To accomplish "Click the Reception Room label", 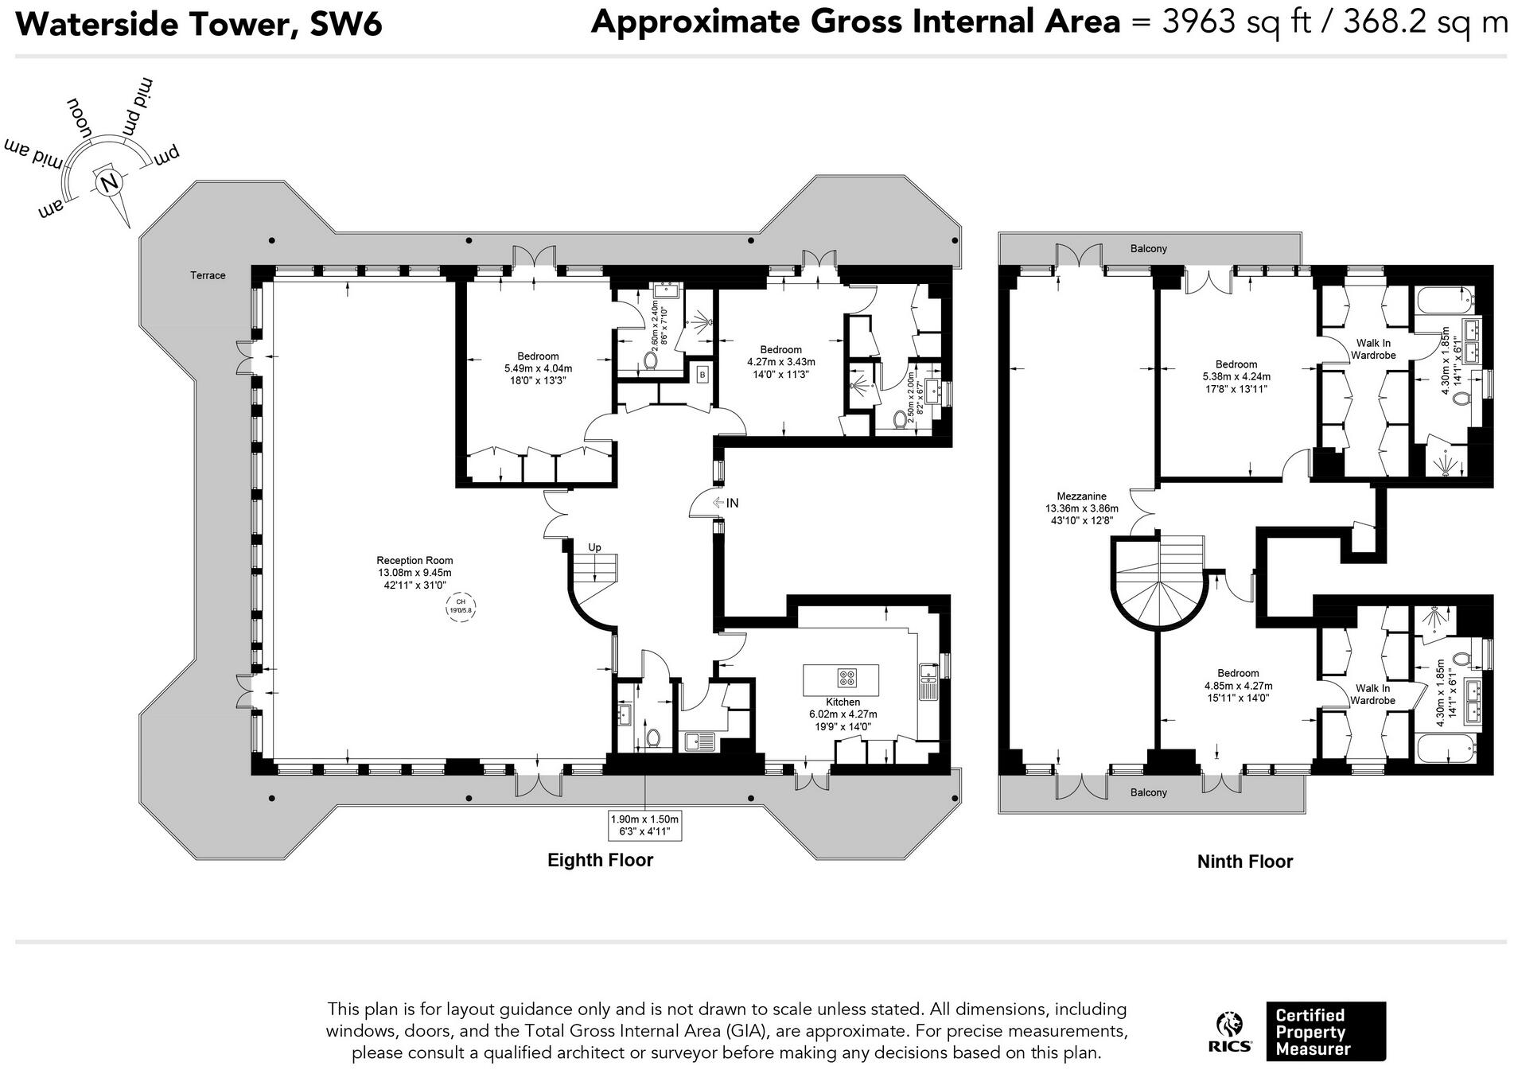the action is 415,560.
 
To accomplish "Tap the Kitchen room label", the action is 843,702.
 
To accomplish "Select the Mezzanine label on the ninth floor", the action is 1081,496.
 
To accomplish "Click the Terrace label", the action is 208,275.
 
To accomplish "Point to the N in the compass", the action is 108,183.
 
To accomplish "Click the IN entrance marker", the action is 726,503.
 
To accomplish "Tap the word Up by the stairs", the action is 594,547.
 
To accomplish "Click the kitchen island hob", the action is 847,678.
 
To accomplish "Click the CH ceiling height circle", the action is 461,606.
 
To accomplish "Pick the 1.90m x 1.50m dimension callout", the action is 644,825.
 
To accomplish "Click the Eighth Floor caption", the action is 600,860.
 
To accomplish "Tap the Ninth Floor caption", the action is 1245,862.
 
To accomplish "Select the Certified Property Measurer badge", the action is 1325,1032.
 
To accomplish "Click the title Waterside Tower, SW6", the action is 199,24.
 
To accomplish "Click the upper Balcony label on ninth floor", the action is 1149,249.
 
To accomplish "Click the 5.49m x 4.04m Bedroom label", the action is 538,368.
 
